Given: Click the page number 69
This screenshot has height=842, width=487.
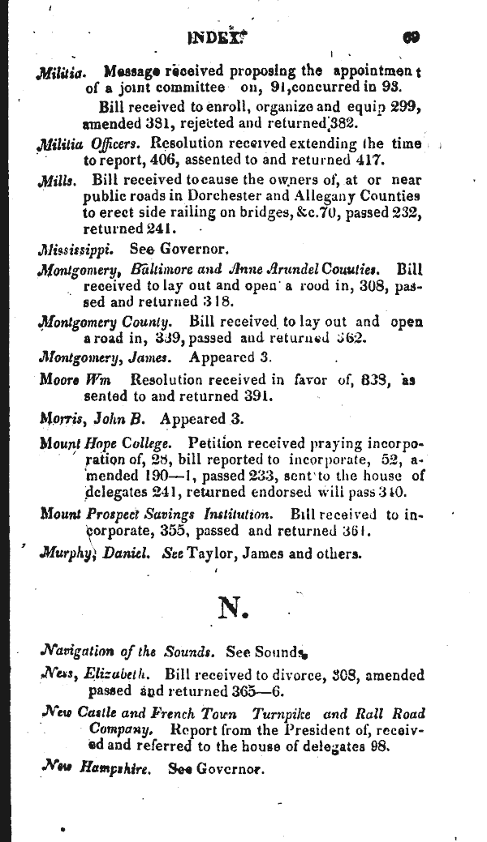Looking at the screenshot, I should [409, 36].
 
